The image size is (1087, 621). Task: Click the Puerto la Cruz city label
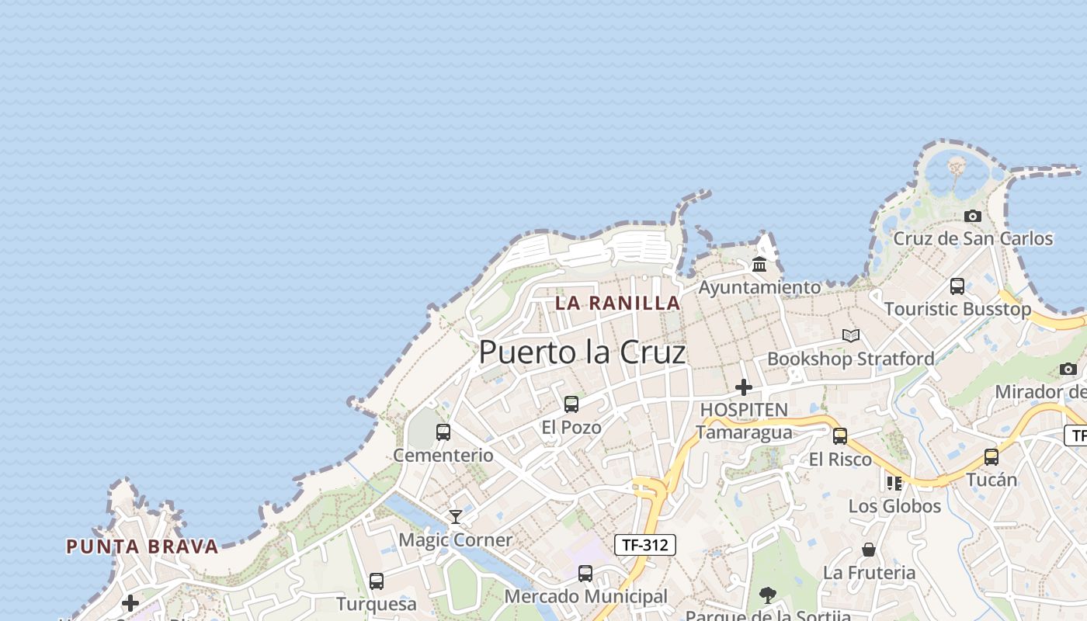582,352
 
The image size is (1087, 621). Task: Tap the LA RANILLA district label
618,303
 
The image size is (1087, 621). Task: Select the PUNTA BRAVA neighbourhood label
142,546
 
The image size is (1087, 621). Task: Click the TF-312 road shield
645,545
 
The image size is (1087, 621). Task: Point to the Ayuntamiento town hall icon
759,264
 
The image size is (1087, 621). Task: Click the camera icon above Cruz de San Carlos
972,216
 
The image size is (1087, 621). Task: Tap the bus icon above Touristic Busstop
957,286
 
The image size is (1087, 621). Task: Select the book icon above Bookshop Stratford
851,335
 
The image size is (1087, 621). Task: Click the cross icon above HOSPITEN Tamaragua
744,387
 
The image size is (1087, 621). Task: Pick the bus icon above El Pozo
571,404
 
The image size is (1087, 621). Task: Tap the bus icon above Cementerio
443,432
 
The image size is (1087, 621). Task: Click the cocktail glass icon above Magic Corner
456,517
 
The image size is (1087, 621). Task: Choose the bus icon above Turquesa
377,581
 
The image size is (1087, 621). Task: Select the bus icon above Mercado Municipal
585,574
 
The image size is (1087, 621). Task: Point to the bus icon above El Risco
840,436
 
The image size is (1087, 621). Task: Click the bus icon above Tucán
991,457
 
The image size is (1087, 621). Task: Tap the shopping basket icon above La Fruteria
869,550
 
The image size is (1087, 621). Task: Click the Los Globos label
894,506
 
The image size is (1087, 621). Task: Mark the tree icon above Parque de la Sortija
768,595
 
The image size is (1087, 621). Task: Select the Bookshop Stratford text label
851,359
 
